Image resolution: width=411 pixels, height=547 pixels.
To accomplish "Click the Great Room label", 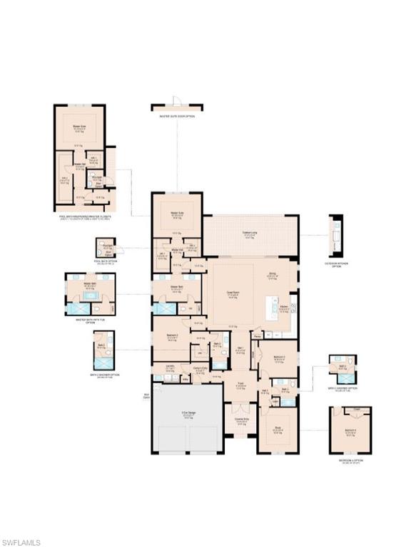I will click(232, 292).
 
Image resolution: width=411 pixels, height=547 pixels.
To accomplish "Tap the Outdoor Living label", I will click(249, 234).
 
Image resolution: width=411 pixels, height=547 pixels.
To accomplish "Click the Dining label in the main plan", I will click(272, 273).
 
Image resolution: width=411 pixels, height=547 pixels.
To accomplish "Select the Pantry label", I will click(256, 337).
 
